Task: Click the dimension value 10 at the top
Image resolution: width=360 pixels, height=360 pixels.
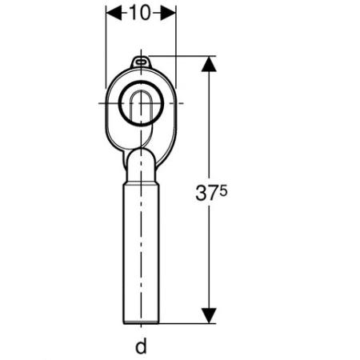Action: pyautogui.click(x=140, y=13)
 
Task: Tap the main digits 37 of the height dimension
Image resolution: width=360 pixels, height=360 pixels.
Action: pyautogui.click(x=205, y=193)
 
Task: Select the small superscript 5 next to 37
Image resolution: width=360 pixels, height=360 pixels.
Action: pyautogui.click(x=224, y=191)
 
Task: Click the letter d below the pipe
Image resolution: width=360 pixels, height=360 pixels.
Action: pyautogui.click(x=141, y=346)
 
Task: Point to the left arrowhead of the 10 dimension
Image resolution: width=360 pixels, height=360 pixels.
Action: pyautogui.click(x=114, y=13)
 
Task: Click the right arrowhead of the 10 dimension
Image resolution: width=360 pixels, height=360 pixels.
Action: pyautogui.click(x=168, y=13)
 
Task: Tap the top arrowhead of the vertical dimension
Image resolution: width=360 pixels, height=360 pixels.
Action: pyautogui.click(x=209, y=64)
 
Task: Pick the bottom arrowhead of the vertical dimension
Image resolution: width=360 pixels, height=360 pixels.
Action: pyautogui.click(x=209, y=316)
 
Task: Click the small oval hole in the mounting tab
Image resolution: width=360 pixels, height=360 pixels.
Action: pyautogui.click(x=141, y=62)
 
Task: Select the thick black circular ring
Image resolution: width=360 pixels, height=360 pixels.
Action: pyautogui.click(x=119, y=103)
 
